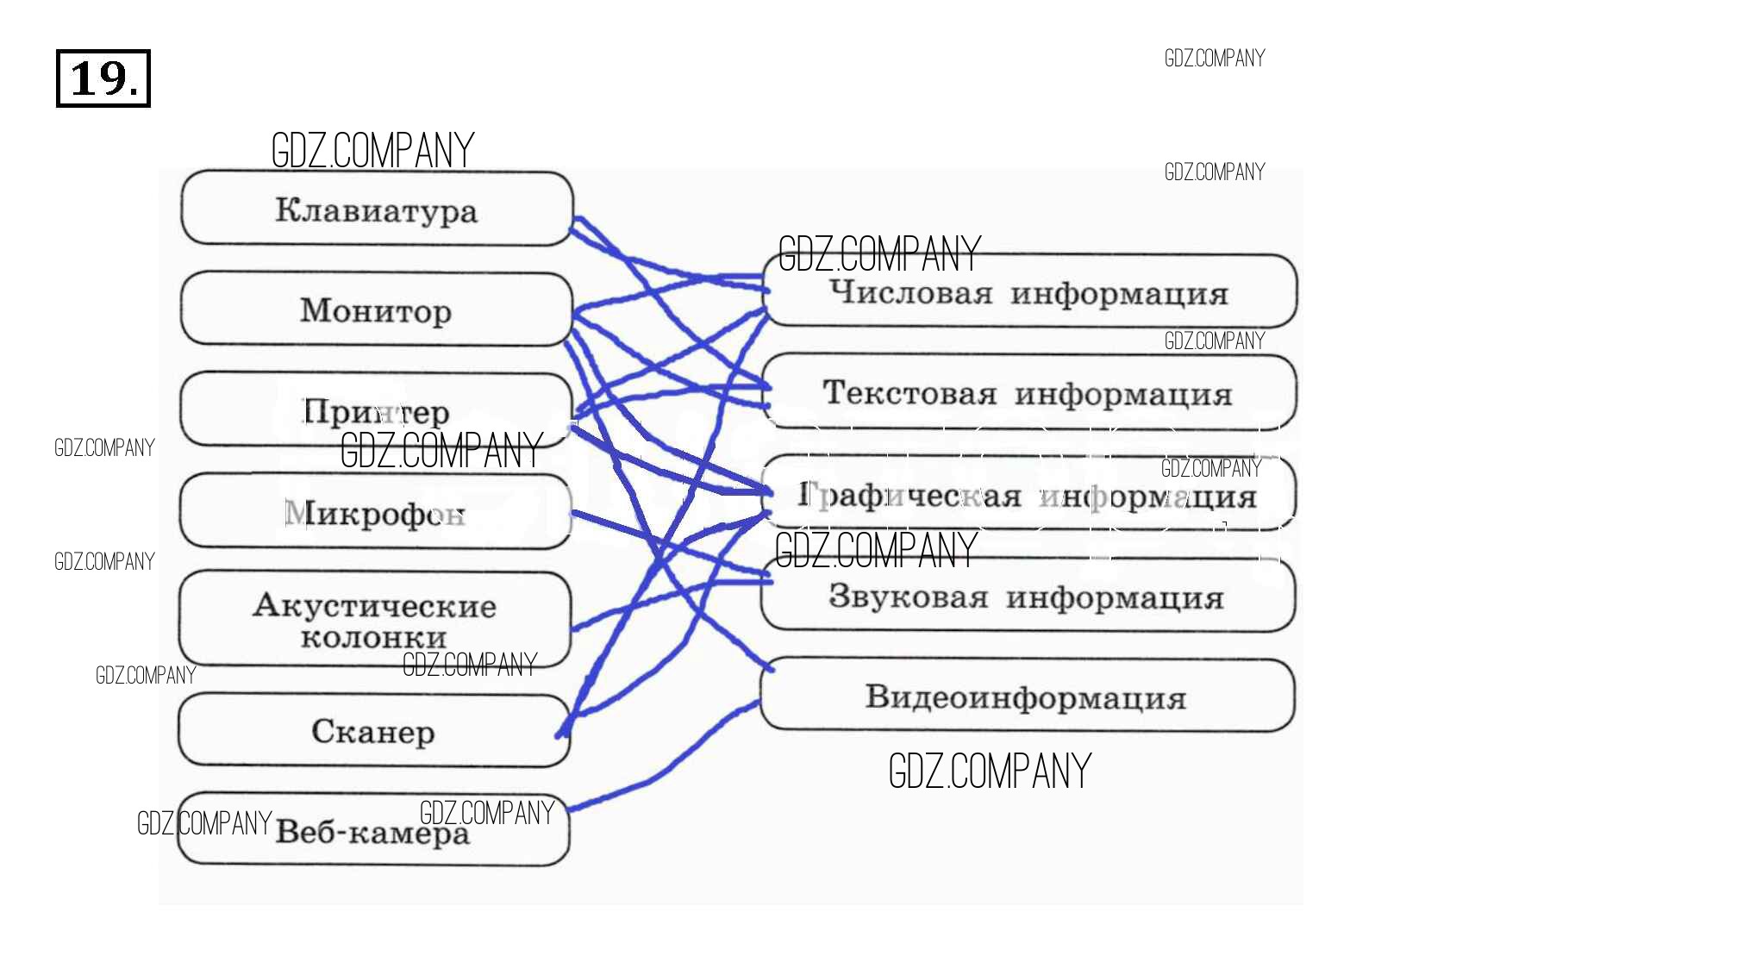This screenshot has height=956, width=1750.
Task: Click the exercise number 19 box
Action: (x=103, y=78)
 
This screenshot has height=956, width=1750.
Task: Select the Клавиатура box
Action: (x=377, y=209)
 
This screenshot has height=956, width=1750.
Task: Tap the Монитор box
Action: (x=377, y=309)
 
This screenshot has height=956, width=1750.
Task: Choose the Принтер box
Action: (x=377, y=410)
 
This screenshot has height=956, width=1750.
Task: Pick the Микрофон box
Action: (x=375, y=512)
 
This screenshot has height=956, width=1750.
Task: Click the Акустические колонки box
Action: (x=375, y=619)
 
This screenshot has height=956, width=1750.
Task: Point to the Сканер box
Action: (x=373, y=731)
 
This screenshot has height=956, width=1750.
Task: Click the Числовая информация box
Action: (x=1029, y=292)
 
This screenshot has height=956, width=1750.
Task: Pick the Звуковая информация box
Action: (x=1028, y=596)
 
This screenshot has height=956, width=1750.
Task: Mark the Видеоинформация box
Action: (x=1026, y=697)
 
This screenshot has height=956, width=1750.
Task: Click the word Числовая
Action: (x=911, y=292)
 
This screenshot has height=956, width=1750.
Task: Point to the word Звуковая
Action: (x=908, y=596)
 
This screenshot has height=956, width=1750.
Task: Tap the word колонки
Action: (x=374, y=638)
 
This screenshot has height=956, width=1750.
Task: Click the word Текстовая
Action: (x=909, y=393)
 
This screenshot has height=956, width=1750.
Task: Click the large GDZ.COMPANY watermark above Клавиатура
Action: (x=372, y=151)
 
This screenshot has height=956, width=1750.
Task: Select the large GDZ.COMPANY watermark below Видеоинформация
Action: (x=990, y=771)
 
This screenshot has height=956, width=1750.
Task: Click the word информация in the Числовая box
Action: (x=1119, y=294)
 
